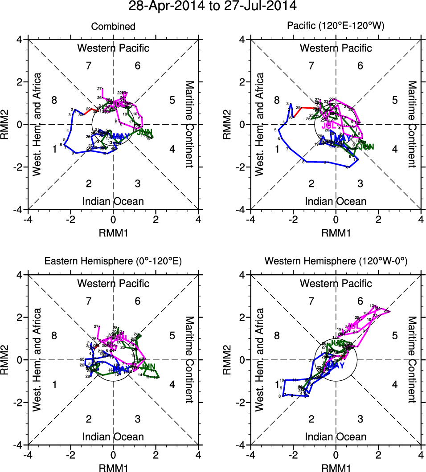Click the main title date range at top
coord(212,6)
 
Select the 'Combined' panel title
coord(113,27)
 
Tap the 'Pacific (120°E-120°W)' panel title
coord(336,27)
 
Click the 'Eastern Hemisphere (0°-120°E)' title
coord(113,262)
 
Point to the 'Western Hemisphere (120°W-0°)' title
coord(336,262)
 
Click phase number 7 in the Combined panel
coord(89,66)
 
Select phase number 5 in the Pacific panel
coord(394,100)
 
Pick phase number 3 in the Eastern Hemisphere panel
coord(138,419)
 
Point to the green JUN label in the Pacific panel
coord(366,146)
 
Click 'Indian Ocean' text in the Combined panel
coord(113,201)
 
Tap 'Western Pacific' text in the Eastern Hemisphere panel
coord(113,283)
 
